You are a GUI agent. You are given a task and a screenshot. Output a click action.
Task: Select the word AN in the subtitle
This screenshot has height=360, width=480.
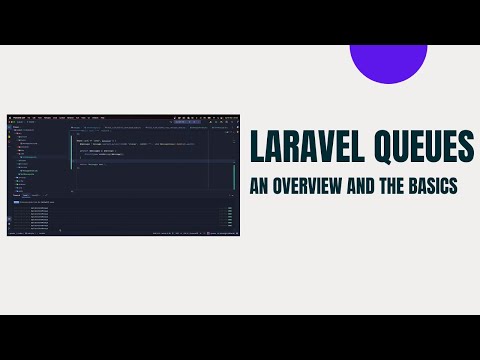(259, 187)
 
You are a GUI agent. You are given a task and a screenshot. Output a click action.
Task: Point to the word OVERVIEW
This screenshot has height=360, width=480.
(313, 187)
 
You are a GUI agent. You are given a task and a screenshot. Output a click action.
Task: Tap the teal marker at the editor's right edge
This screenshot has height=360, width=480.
(234, 170)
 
